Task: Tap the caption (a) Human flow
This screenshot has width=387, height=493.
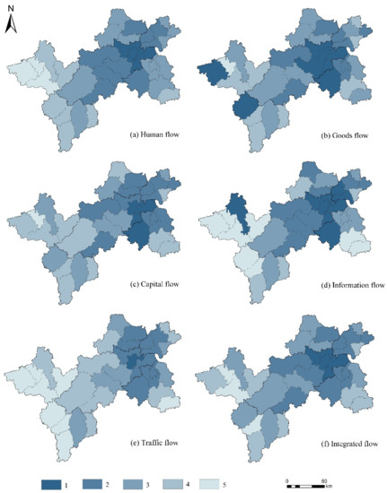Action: coord(157,135)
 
